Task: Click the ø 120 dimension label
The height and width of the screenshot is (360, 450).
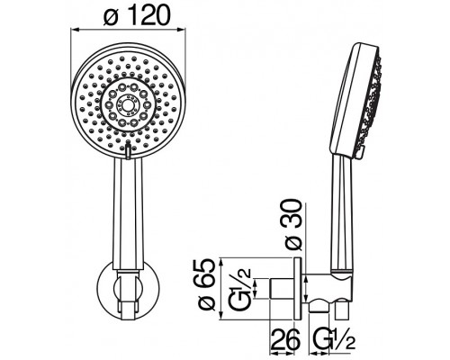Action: (137, 15)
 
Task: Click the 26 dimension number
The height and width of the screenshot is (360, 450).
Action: (285, 338)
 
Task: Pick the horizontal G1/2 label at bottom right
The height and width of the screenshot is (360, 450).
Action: (333, 339)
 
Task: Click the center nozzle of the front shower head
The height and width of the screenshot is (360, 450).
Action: (128, 104)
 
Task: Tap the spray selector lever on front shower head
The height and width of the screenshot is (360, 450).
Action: (128, 150)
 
